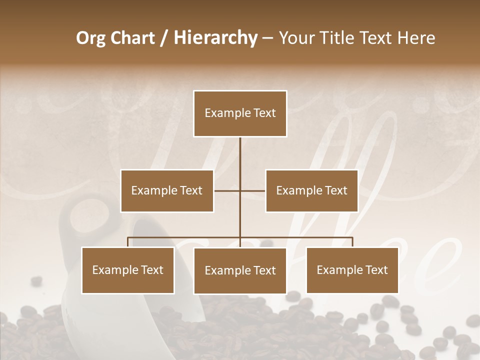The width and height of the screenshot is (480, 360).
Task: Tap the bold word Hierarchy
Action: (x=215, y=38)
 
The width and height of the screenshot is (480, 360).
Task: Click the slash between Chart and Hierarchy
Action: (x=164, y=38)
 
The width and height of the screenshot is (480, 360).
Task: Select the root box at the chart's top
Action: (x=240, y=113)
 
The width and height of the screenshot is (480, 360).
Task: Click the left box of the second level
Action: (x=167, y=190)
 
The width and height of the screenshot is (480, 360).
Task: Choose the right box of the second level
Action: (x=311, y=190)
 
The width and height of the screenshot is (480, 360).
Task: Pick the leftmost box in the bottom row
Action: (x=128, y=270)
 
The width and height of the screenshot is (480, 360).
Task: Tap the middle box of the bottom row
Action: (x=240, y=270)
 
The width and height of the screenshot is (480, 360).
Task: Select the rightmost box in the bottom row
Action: (x=352, y=270)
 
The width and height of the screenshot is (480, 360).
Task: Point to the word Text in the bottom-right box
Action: (x=376, y=270)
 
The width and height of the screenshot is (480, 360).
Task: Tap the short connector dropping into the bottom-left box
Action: (x=128, y=242)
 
